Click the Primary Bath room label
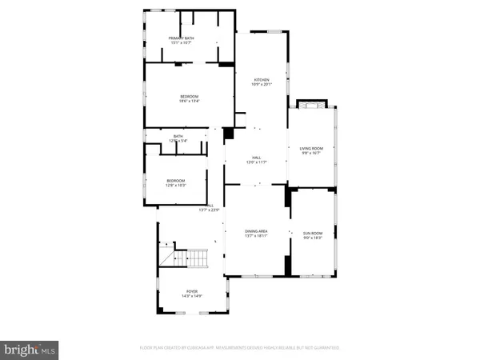click(x=180, y=38)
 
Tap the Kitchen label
click(x=262, y=80)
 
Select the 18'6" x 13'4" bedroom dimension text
click(x=188, y=102)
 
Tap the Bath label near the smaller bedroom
click(x=178, y=137)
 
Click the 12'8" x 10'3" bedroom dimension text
click(x=175, y=186)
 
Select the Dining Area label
click(x=256, y=230)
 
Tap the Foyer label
click(x=192, y=292)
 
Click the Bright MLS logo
click(x=30, y=349)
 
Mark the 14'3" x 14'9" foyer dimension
click(x=192, y=297)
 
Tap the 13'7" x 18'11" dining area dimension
click(x=256, y=235)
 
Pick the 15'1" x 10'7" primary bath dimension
click(x=180, y=43)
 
